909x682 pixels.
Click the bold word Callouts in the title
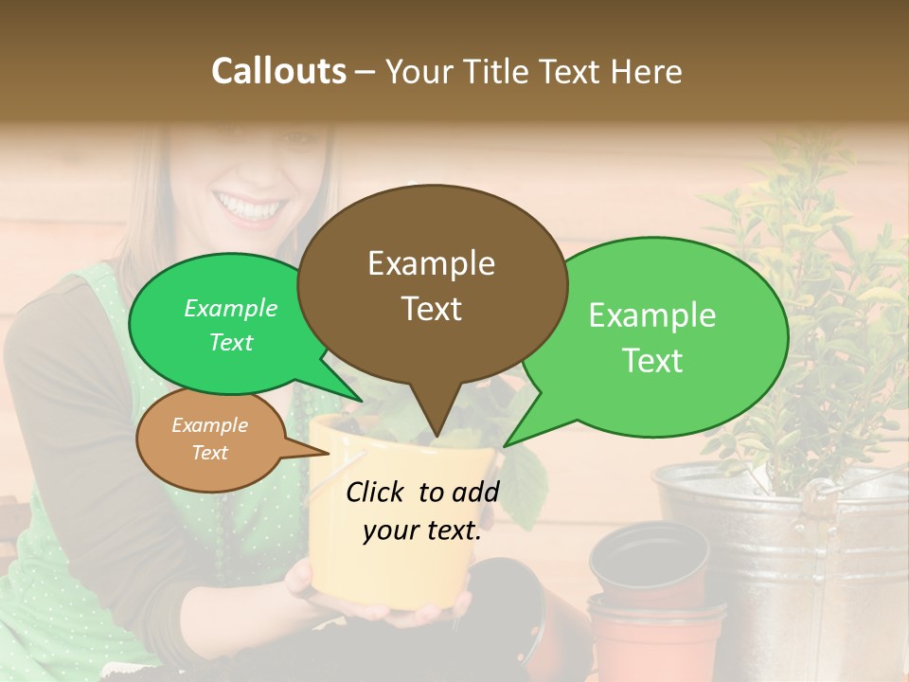tap(278, 71)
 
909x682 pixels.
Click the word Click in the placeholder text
tap(376, 492)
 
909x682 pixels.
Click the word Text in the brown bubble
tap(432, 309)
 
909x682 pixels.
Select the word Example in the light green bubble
tap(652, 315)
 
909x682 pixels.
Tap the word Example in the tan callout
tap(210, 425)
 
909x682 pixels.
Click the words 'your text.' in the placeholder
tap(422, 531)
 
